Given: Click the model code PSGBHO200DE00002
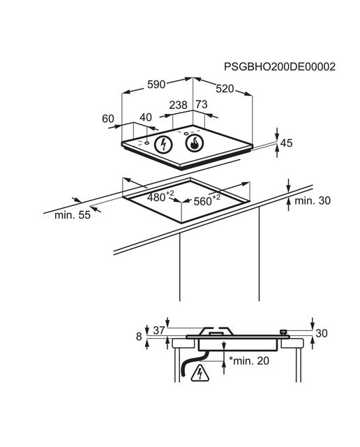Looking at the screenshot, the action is (x=280, y=66).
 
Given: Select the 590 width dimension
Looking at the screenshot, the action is (x=156, y=85).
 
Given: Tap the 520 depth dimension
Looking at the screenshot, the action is (x=225, y=89).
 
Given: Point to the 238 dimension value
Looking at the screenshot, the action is (x=179, y=105).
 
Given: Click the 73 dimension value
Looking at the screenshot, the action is (x=202, y=104).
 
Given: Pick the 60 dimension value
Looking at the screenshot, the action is (x=108, y=119).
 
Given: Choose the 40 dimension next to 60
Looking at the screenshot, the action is (x=146, y=117).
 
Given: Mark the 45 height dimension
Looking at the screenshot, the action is (x=287, y=142).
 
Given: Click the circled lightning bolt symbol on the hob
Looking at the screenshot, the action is (x=163, y=145).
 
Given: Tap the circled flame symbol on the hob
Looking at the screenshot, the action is (x=195, y=143).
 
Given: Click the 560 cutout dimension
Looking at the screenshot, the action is (x=207, y=200).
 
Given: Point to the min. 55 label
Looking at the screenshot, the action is (x=73, y=215).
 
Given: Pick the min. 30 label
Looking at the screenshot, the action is (x=313, y=200).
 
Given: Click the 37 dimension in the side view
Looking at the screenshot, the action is (x=159, y=330).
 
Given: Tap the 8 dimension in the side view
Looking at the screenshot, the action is (x=139, y=337).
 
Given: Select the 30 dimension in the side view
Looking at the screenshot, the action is (x=322, y=333).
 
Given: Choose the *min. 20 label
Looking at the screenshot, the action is (x=249, y=360).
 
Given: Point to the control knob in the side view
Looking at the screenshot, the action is (x=283, y=332).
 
